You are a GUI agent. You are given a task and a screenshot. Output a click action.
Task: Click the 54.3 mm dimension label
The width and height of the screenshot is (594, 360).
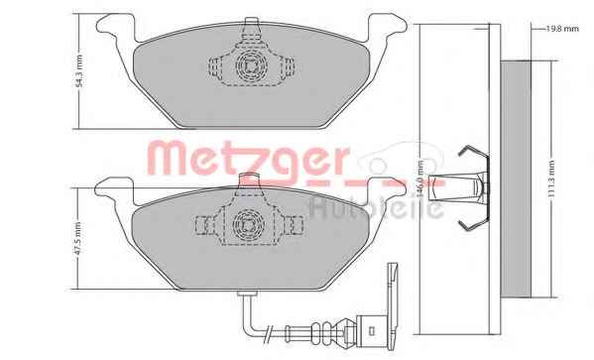coord(78,71)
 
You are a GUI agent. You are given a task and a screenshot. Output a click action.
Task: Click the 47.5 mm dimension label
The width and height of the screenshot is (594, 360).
coord(78,239)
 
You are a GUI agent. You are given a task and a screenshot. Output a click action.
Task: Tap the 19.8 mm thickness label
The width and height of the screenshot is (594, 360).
coord(562,29)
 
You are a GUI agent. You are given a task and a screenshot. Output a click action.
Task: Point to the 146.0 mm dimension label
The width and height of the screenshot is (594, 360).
coord(419,179)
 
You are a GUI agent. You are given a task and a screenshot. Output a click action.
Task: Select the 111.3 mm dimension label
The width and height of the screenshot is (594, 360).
coord(551,179)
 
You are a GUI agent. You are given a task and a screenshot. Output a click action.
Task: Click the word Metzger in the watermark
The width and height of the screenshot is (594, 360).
coord(248,159)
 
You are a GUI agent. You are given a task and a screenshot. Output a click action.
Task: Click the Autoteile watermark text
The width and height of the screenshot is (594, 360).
coord(376,207)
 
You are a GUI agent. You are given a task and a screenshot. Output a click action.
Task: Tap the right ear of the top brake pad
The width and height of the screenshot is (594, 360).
coord(387,27)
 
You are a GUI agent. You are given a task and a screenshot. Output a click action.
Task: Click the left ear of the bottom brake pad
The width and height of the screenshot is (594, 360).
coord(114,189)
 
